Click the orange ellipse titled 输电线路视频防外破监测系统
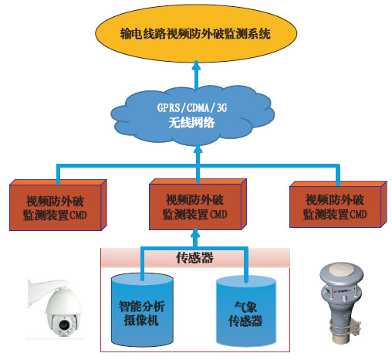tap(196, 33)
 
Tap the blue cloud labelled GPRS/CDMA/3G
tap(193, 114)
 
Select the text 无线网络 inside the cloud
tap(191, 123)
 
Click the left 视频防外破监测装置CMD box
tap(58, 205)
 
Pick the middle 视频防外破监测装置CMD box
tap(198, 204)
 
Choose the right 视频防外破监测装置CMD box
tap(338, 204)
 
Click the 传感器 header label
tap(194, 257)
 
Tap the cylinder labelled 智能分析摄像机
tap(142, 311)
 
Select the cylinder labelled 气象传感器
tap(246, 311)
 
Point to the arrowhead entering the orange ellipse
tap(196, 65)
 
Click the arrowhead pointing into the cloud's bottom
tap(198, 149)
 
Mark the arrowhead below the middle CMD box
tap(195, 233)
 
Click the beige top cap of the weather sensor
tap(341, 269)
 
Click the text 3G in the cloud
tap(221, 107)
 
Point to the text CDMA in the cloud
tap(198, 107)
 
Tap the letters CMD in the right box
tap(358, 214)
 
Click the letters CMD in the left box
tap(78, 215)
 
